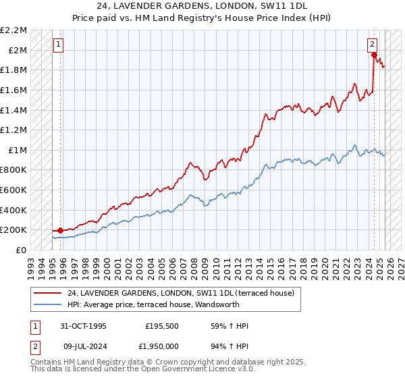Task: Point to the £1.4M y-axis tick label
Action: click(14, 110)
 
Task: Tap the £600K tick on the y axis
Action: click(14, 190)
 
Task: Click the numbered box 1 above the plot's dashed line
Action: click(58, 45)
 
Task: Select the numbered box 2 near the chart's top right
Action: click(372, 45)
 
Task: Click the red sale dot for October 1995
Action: click(61, 231)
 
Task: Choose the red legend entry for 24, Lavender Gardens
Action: click(180, 294)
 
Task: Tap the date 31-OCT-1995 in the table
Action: click(84, 326)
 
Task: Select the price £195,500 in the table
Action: click(163, 326)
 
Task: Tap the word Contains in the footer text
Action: click(47, 362)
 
